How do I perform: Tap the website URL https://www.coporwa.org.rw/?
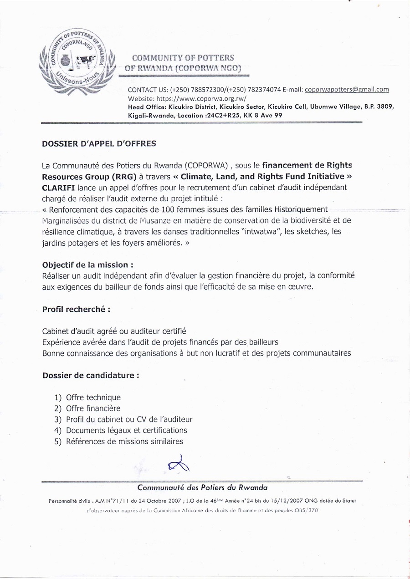[201, 98]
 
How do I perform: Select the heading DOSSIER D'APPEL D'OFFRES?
[99, 144]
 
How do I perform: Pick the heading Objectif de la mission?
[88, 265]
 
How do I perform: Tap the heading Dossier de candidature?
[91, 376]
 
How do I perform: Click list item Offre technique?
[93, 397]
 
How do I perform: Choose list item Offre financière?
[93, 408]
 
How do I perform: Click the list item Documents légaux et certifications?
[126, 430]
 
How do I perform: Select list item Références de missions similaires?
[124, 441]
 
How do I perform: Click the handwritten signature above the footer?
[178, 464]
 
